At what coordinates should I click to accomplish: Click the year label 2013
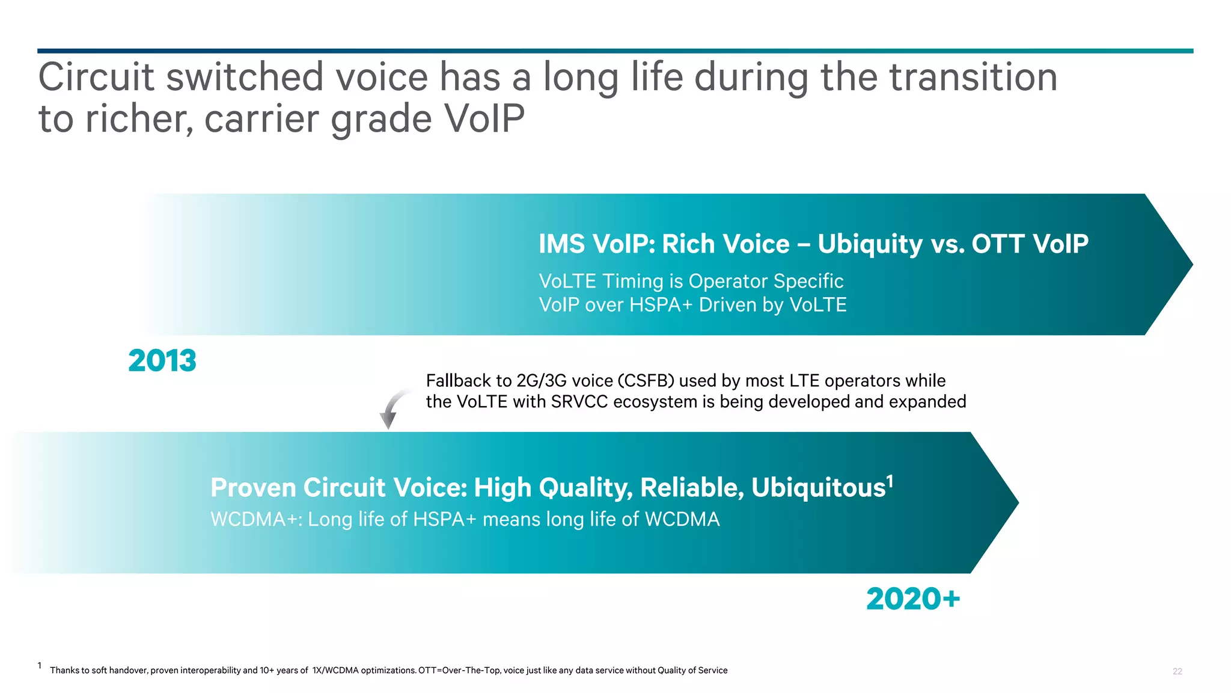pyautogui.click(x=162, y=361)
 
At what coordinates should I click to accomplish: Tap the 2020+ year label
pyautogui.click(x=912, y=599)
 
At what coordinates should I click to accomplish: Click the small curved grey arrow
pyautogui.click(x=391, y=409)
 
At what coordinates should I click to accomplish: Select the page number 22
pyautogui.click(x=1177, y=671)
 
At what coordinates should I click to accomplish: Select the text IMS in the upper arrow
pyautogui.click(x=561, y=244)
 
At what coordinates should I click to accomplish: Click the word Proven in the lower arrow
pyautogui.click(x=253, y=488)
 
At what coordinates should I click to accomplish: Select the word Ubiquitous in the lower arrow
pyautogui.click(x=818, y=488)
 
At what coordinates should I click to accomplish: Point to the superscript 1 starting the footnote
pyautogui.click(x=40, y=665)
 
